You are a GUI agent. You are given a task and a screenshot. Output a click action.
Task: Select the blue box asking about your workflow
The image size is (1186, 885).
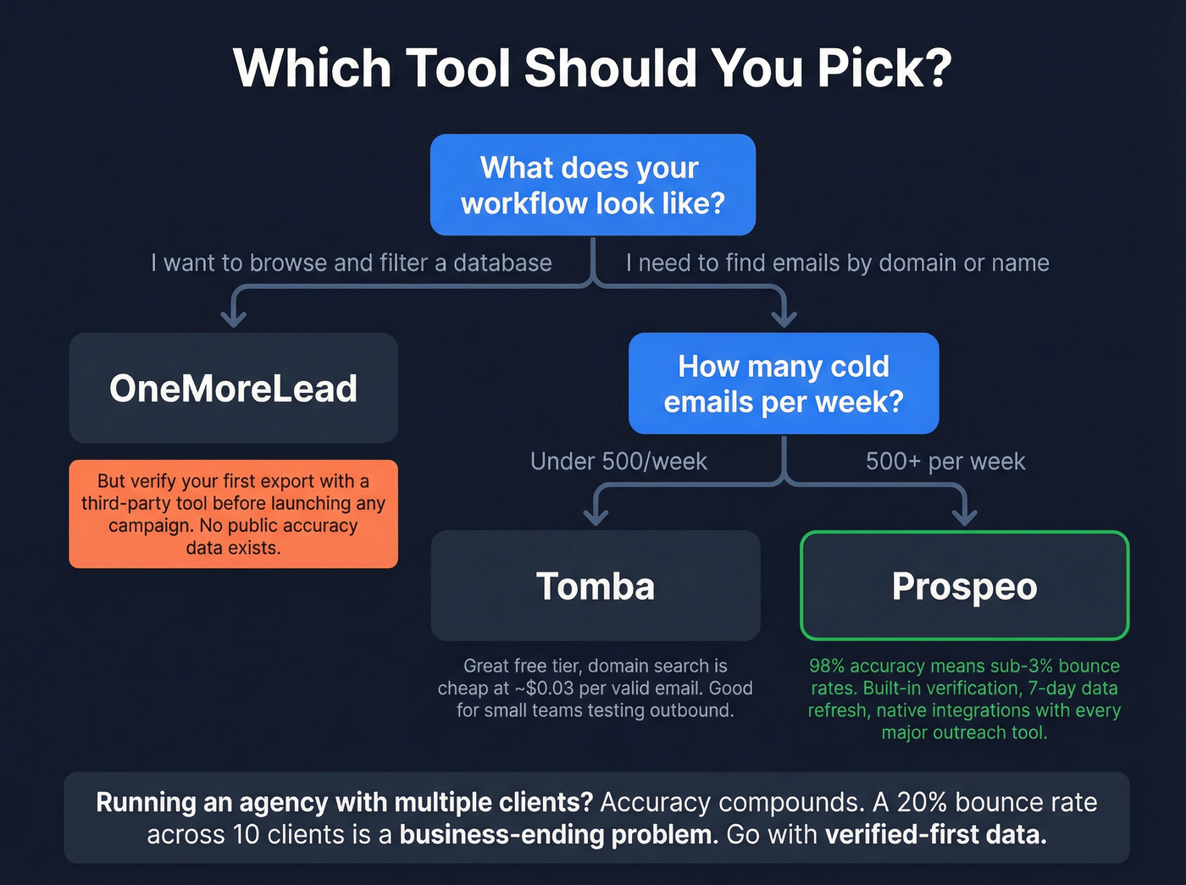tap(592, 185)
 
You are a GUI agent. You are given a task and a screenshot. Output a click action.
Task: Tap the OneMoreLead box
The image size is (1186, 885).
tap(233, 388)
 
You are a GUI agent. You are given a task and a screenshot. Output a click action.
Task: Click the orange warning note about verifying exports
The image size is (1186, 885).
tap(233, 514)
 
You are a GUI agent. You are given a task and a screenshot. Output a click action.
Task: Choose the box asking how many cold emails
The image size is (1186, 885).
tap(784, 384)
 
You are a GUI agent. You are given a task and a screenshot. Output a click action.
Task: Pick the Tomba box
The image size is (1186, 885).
tap(596, 586)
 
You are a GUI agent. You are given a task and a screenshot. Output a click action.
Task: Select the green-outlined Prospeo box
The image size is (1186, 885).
tap(964, 586)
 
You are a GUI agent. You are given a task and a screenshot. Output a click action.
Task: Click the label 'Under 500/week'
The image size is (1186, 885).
tap(618, 462)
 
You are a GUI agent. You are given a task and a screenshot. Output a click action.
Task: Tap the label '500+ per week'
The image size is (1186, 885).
tap(945, 462)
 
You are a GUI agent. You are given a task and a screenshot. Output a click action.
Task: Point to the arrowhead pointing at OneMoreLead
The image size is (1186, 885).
tap(233, 319)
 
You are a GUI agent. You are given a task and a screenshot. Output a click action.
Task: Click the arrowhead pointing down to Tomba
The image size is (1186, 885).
tap(596, 517)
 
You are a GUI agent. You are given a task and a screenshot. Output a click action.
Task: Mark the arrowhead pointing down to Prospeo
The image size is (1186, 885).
tap(965, 517)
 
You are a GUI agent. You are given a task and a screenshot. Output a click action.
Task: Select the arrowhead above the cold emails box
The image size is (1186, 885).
tap(784, 319)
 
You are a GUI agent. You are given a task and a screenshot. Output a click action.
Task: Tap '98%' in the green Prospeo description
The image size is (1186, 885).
tap(827, 667)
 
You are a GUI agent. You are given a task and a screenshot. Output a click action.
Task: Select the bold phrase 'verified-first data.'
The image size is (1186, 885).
tap(935, 835)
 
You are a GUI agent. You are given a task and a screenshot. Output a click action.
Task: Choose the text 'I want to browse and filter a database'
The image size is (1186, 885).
tap(352, 263)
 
